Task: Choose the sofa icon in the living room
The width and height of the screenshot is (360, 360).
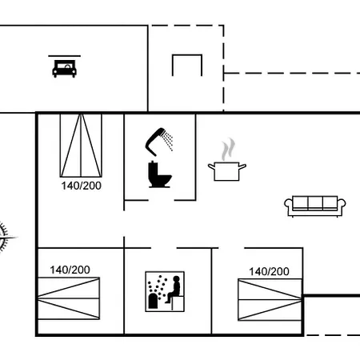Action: click(x=314, y=205)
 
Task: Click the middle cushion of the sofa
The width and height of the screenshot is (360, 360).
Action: click(x=314, y=202)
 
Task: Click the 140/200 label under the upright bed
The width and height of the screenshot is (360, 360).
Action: click(x=81, y=185)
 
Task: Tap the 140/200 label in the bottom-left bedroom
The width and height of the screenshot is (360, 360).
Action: click(x=69, y=270)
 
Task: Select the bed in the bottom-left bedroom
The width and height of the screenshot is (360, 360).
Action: click(x=69, y=299)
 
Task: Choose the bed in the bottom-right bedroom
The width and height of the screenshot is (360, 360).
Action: click(x=269, y=299)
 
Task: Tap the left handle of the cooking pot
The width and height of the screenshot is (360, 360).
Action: click(x=211, y=166)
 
